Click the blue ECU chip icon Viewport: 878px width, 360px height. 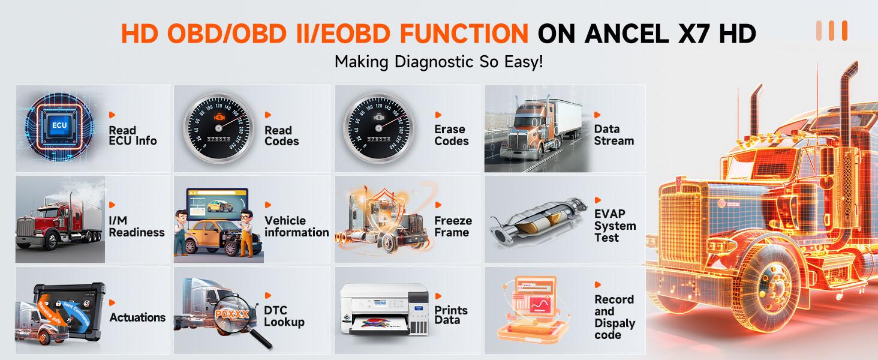pos(59,125)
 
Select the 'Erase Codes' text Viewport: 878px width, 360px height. pos(451,135)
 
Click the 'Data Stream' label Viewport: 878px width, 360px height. pos(614,135)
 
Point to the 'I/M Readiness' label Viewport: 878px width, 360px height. pos(136,227)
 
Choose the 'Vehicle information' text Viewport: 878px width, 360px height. pos(296,226)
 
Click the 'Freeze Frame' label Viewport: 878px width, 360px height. pos(453,226)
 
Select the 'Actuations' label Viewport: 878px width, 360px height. pos(137,317)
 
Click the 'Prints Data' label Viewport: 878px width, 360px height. pos(451,315)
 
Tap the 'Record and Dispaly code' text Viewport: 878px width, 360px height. pos(614,317)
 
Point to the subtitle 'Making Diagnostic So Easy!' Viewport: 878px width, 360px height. pos(438,61)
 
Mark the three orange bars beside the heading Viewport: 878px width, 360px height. pos(831,31)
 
